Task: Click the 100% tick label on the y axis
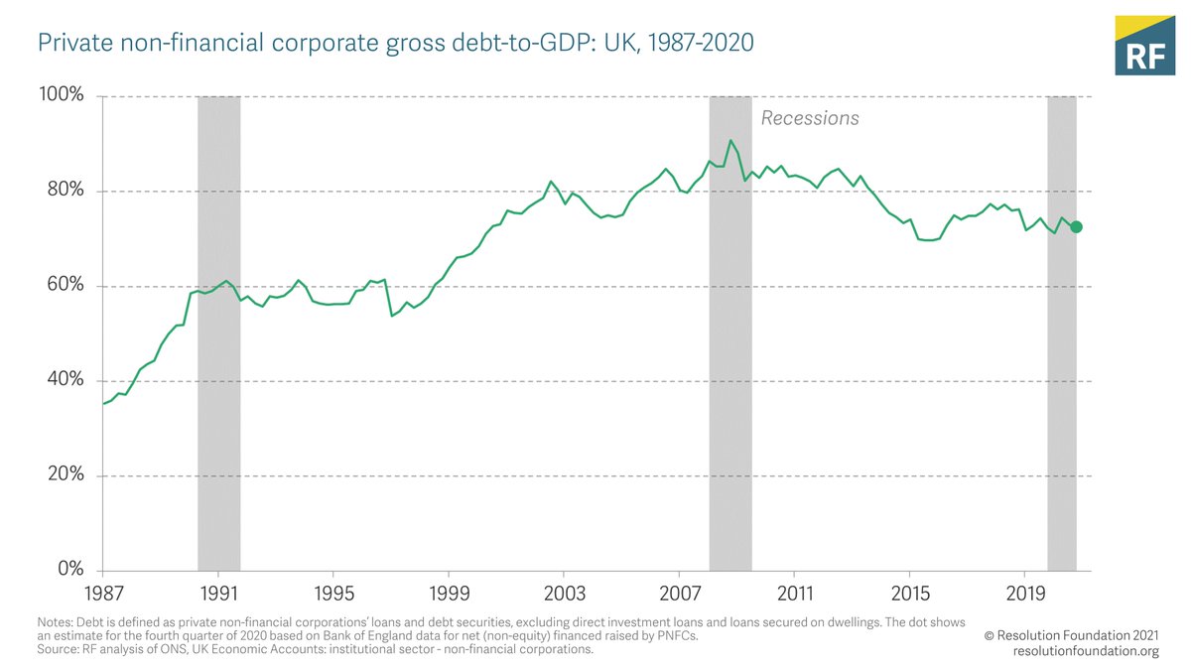pyautogui.click(x=62, y=96)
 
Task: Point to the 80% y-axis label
pyautogui.click(x=65, y=191)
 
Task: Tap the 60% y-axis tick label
pyautogui.click(x=65, y=286)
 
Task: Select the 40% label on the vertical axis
pyautogui.click(x=65, y=380)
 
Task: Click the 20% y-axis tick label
pyautogui.click(x=65, y=475)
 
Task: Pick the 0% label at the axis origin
pyautogui.click(x=69, y=570)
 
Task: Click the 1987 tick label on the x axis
pyautogui.click(x=102, y=594)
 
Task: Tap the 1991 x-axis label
pyautogui.click(x=217, y=594)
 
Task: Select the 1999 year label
pyautogui.click(x=449, y=594)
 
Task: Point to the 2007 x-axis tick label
pyautogui.click(x=679, y=594)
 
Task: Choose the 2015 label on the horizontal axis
pyautogui.click(x=910, y=594)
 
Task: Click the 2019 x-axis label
pyautogui.click(x=1025, y=594)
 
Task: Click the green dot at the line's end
pyautogui.click(x=1076, y=227)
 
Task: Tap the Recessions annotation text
pyautogui.click(x=810, y=118)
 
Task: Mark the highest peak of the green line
pyautogui.click(x=730, y=141)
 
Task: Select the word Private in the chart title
pyautogui.click(x=69, y=45)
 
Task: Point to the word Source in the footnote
pyautogui.click(x=59, y=649)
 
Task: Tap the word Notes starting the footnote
pyautogui.click(x=57, y=623)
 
